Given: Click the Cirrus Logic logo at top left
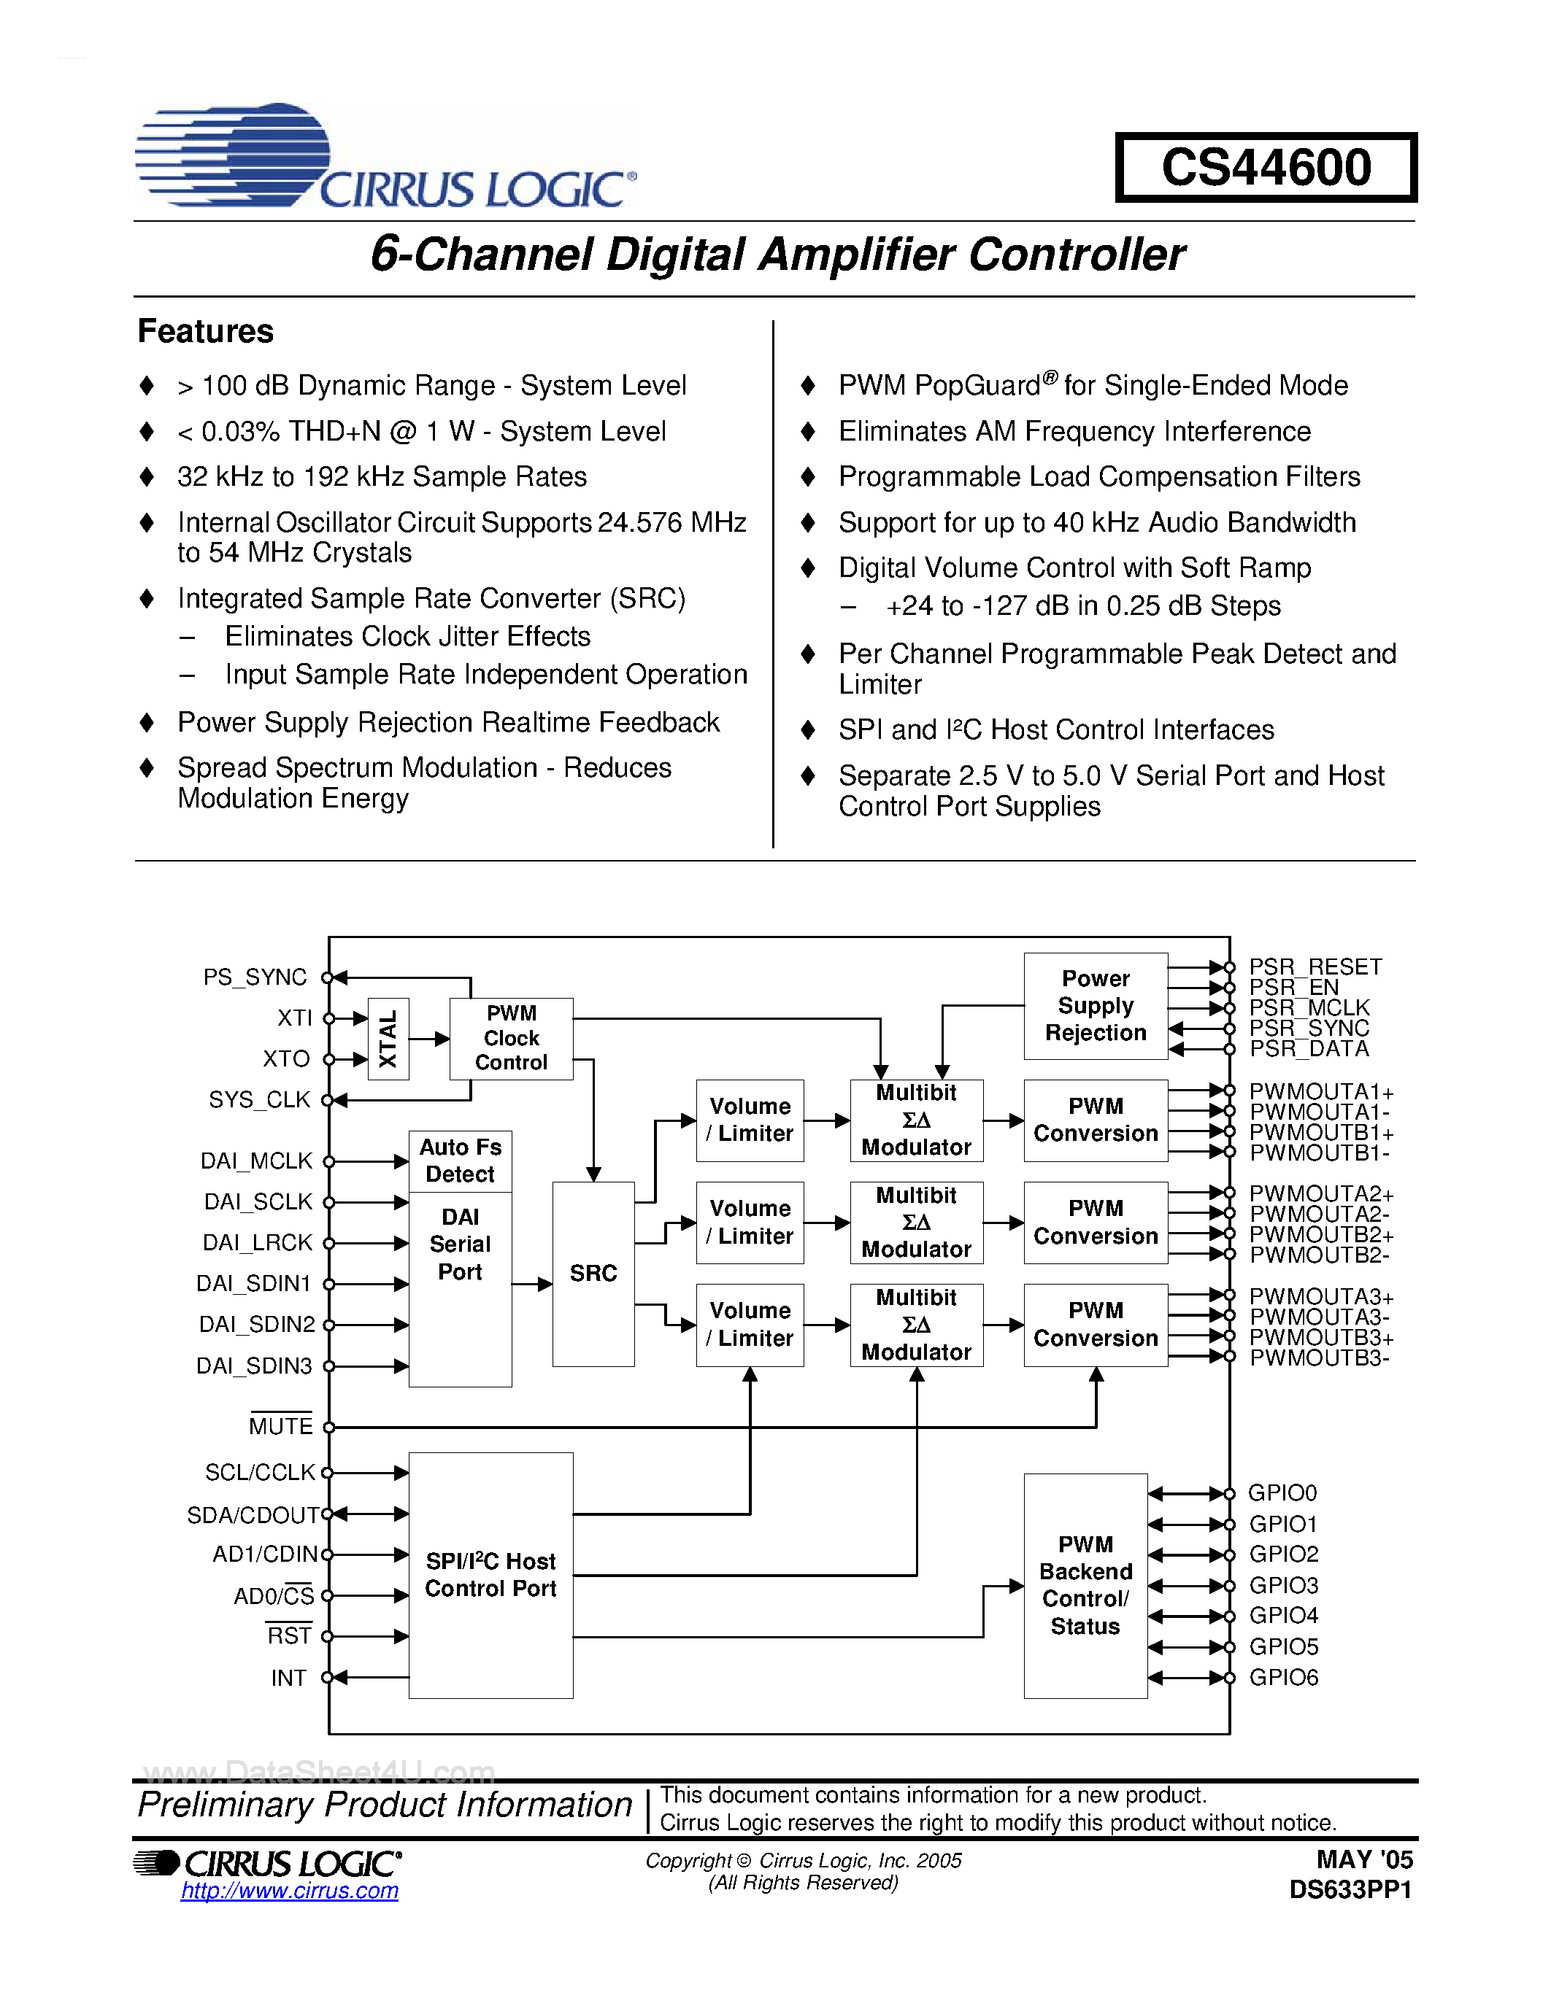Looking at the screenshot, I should (384, 155).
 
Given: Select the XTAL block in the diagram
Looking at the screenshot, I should (388, 1038).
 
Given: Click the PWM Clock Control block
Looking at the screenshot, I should (511, 1038).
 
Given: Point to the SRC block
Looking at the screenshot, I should (593, 1273).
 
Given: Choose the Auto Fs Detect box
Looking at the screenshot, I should (461, 1161).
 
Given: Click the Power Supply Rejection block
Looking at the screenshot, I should (1096, 1006).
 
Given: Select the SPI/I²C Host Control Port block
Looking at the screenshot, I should (490, 1574).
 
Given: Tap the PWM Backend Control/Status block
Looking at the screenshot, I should (1085, 1585).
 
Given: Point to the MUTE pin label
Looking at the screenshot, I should (281, 1426).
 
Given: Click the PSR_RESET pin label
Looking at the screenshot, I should (1315, 967).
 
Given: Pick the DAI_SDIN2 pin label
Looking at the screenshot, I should (257, 1325).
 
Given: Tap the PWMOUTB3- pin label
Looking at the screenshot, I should (1320, 1358).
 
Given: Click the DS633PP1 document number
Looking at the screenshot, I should (1350, 1890).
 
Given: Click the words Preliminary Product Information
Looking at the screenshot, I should (384, 1806).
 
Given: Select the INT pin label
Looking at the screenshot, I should (288, 1678).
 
